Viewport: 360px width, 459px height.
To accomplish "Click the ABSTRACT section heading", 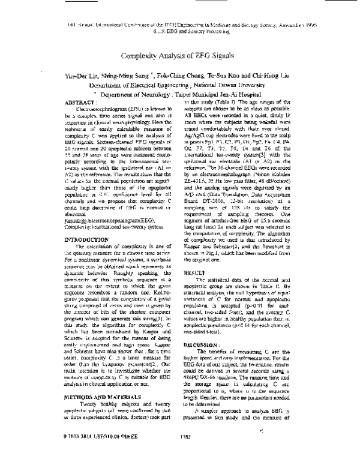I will pyautogui.click(x=80, y=103).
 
